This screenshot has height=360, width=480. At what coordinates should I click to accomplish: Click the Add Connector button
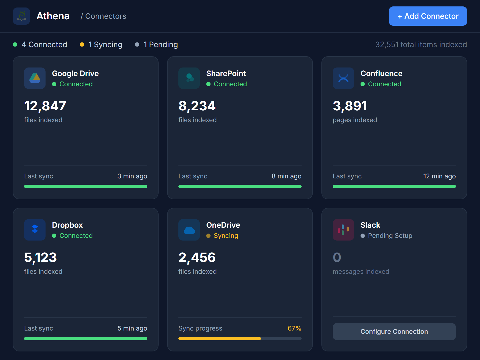pyautogui.click(x=428, y=16)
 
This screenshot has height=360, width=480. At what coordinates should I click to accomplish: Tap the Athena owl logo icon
pyautogui.click(x=21, y=16)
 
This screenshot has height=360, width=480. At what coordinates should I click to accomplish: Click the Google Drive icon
pyautogui.click(x=35, y=78)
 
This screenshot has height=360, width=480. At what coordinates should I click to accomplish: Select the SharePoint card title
pyautogui.click(x=226, y=73)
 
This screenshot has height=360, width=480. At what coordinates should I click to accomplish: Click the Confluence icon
pyautogui.click(x=343, y=78)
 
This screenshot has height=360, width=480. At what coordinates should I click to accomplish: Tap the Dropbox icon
pyautogui.click(x=35, y=230)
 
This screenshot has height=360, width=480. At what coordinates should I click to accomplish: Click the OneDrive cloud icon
pyautogui.click(x=189, y=230)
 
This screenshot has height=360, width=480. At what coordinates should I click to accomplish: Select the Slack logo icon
pyautogui.click(x=343, y=230)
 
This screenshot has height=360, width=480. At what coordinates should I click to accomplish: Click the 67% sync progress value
pyautogui.click(x=294, y=328)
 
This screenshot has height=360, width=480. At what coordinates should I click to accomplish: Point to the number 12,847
pyautogui.click(x=45, y=106)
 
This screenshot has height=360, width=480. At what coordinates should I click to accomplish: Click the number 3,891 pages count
pyautogui.click(x=350, y=106)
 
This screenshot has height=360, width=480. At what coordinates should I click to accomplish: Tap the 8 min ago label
pyautogui.click(x=286, y=176)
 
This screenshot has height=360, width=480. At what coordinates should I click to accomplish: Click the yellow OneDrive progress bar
pyautogui.click(x=220, y=339)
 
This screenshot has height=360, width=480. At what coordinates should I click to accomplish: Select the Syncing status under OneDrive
pyautogui.click(x=226, y=236)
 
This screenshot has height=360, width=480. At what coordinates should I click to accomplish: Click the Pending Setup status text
pyautogui.click(x=390, y=236)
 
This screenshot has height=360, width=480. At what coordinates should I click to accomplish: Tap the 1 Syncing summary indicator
pyautogui.click(x=105, y=44)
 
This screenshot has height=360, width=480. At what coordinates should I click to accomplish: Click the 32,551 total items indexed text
pyautogui.click(x=421, y=44)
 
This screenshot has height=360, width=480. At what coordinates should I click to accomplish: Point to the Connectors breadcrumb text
pyautogui.click(x=106, y=16)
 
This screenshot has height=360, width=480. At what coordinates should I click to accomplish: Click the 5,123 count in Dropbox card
pyautogui.click(x=40, y=257)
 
